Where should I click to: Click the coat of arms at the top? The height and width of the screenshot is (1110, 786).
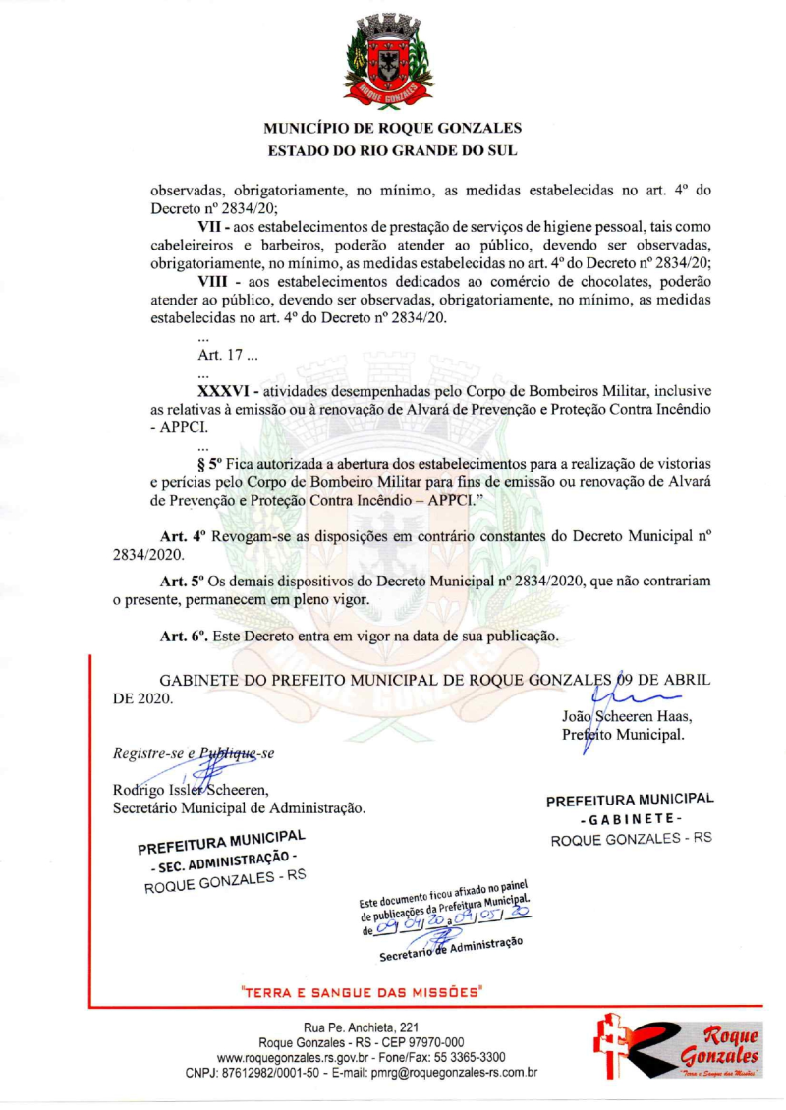coord(392,60)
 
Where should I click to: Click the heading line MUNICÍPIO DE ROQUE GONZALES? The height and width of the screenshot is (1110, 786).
coord(393,129)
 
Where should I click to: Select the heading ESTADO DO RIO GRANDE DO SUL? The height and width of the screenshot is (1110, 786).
coord(393,151)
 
